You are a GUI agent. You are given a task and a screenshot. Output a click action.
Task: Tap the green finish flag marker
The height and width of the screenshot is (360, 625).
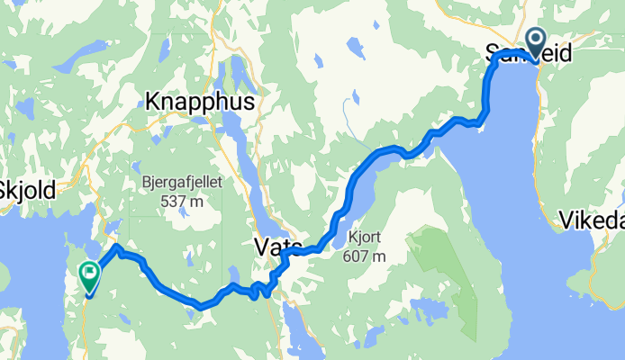90,276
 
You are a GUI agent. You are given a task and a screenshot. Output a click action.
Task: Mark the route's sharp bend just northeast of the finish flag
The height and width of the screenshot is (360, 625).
118,247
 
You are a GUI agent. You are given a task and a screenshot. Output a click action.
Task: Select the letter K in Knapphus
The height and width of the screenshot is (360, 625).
153,100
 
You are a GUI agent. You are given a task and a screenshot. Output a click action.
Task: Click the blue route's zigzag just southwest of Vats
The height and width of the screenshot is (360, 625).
263,290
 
